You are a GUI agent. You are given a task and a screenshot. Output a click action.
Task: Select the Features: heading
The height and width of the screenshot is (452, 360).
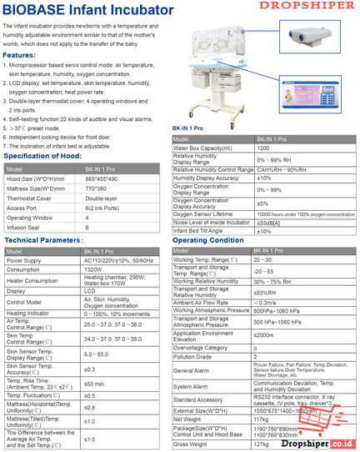tap(19, 55)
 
